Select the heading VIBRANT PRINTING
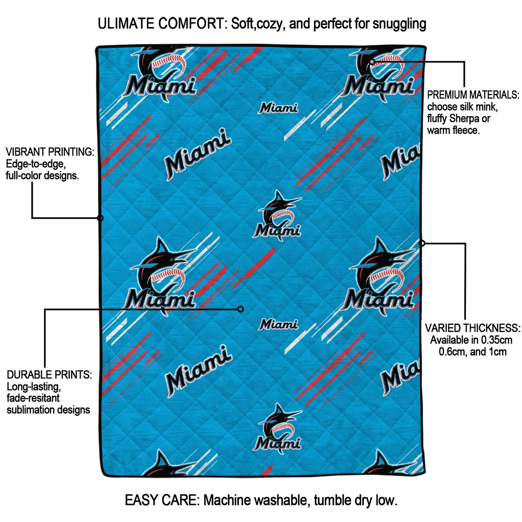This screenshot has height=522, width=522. click(x=50, y=152)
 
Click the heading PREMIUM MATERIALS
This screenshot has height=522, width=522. click(x=473, y=95)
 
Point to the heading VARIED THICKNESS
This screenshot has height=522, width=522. click(x=473, y=328)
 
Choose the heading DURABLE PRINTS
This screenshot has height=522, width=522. click(x=49, y=375)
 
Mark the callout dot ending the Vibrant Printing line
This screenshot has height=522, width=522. click(x=100, y=218)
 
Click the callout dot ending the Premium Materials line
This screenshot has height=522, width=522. click(x=373, y=62)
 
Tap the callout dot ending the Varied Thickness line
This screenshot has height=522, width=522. click(x=422, y=243)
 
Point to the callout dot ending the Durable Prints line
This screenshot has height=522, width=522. click(x=241, y=309)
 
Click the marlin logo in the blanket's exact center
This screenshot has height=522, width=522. click(x=278, y=215)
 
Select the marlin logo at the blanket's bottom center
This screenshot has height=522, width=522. click(x=278, y=428)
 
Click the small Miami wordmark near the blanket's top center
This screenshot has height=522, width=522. click(x=278, y=108)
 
